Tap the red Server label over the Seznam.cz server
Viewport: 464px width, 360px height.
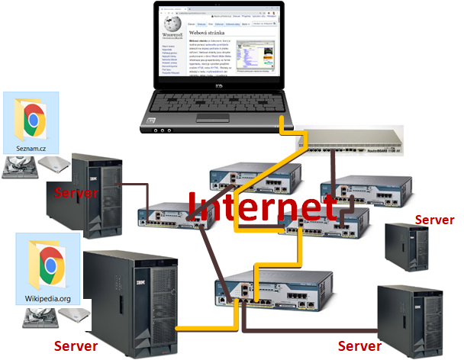tap(76, 192)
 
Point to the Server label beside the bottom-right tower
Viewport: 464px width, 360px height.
tap(359, 346)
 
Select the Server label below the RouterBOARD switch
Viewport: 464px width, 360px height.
tap(434, 220)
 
